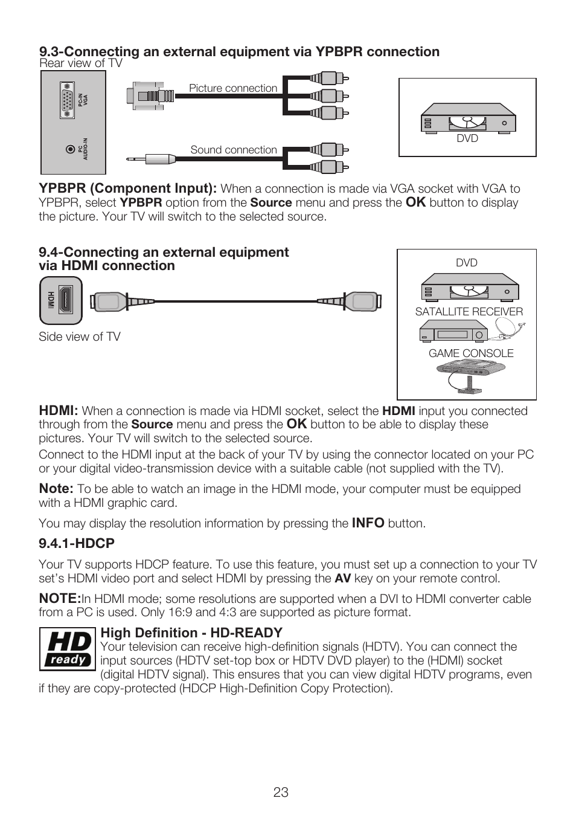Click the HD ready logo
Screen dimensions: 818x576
(68, 649)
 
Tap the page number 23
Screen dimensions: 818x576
(281, 793)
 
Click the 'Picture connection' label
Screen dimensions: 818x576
(233, 88)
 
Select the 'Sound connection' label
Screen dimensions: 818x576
(234, 150)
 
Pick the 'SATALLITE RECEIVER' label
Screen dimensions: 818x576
(469, 312)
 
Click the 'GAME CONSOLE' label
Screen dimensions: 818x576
(471, 353)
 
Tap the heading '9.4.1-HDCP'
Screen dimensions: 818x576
(77, 544)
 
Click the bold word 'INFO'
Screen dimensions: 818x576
(368, 523)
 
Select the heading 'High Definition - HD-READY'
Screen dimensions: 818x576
(191, 633)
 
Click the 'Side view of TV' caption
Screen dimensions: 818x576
(80, 337)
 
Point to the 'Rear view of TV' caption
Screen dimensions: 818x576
(81, 63)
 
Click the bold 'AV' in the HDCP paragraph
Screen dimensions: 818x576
(342, 578)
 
